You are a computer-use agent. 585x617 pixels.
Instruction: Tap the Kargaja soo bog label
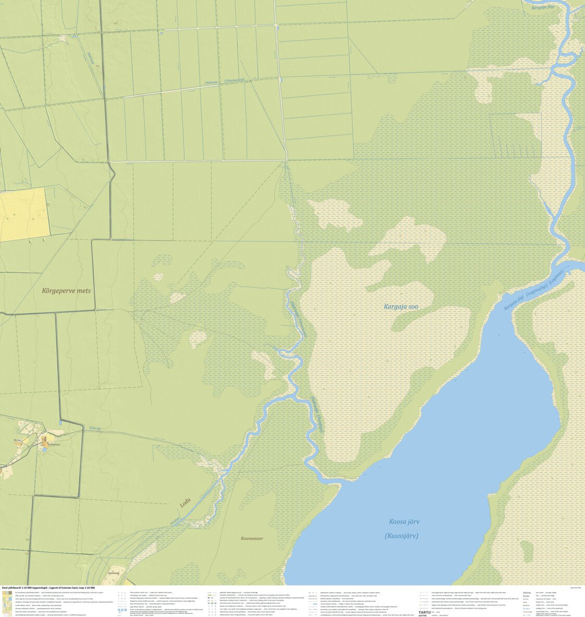tap(401, 306)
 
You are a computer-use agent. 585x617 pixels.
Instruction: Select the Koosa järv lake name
tap(404, 522)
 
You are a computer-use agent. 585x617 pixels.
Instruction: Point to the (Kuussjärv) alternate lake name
tap(401, 536)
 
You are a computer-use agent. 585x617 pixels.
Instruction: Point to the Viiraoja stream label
tap(95, 428)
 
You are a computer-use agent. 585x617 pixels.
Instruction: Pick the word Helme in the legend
tap(527, 593)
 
